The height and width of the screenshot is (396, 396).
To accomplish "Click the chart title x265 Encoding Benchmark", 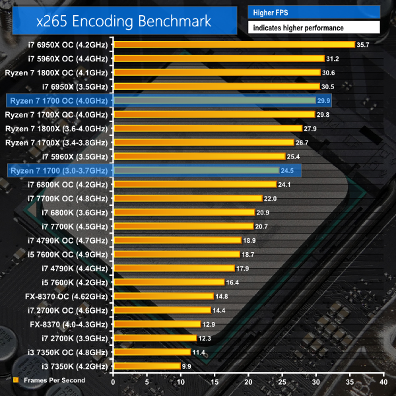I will (x=125, y=20).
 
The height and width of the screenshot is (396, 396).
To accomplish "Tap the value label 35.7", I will (x=362, y=44).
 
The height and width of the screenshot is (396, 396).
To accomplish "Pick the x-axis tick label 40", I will (x=383, y=382).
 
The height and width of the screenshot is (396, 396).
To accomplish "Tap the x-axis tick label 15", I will (x=214, y=382).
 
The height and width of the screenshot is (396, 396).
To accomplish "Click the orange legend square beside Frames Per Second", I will (x=15, y=380).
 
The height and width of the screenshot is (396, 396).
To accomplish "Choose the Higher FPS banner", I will (x=314, y=12).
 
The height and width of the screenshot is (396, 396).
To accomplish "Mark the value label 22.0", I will (x=270, y=198).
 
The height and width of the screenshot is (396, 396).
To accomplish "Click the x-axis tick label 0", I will (x=114, y=382).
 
